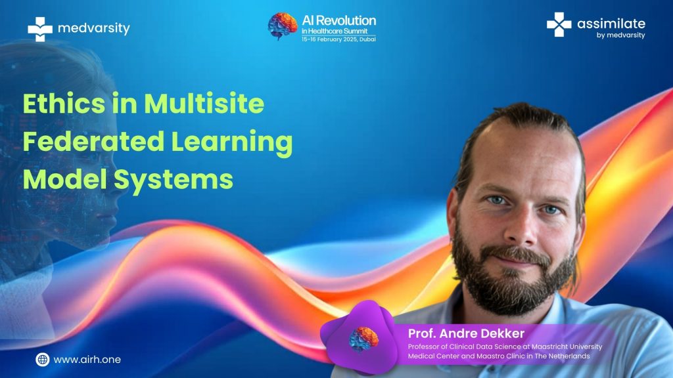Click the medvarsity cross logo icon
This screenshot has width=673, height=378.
pos(40,29)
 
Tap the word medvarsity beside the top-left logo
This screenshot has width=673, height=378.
pos(93,28)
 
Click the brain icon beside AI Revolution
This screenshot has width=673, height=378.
pos(283,26)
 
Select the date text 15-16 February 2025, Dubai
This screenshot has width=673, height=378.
pos(338,39)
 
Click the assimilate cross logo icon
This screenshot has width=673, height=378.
pos(559,24)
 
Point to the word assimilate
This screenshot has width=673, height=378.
pos(611,24)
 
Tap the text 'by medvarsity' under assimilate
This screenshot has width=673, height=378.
pos(620,35)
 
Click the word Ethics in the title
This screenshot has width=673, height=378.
pos(64,103)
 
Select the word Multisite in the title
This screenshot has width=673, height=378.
pos(204,103)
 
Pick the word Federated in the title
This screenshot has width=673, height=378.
pos(93,141)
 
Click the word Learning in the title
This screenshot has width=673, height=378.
pos(232,142)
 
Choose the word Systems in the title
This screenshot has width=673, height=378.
pos(174,180)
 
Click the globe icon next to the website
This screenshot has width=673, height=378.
pos(43,360)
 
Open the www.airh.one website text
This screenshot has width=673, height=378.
pos(87,360)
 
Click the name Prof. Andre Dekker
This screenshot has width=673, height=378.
pos(466,333)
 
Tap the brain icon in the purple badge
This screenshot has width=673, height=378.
pos(363,339)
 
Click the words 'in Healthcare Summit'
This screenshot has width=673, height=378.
pos(335,31)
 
